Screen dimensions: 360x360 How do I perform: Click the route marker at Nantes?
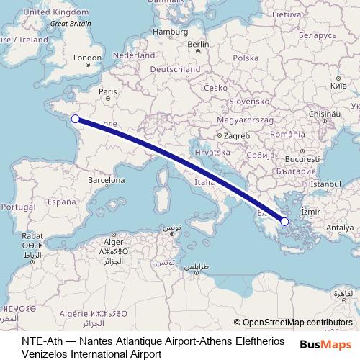point(75,119)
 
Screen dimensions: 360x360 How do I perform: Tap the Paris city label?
point(107,91)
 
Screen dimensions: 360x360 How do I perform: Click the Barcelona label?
point(107,179)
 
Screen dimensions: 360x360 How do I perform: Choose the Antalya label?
point(340,228)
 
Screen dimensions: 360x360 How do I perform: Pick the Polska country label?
point(246,58)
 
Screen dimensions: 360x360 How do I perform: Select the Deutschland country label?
point(175,69)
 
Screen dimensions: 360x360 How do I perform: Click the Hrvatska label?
point(212,153)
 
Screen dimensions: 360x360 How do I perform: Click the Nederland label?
point(135,55)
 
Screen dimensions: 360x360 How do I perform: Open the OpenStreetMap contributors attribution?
point(293,323)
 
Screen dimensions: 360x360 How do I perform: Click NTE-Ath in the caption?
point(41,340)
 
